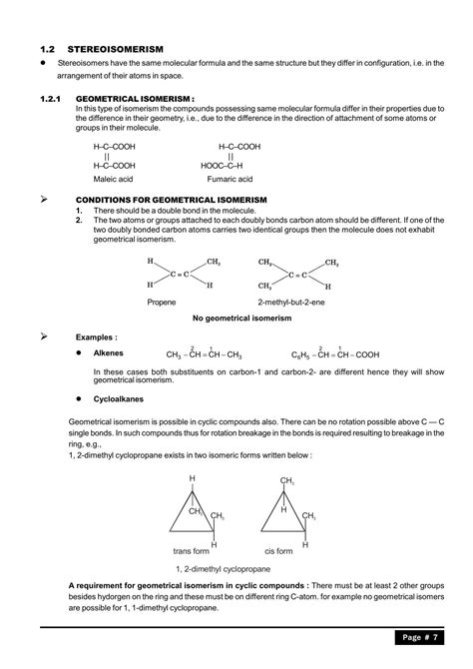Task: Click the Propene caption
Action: click(x=162, y=301)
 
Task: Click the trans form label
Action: click(x=194, y=551)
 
